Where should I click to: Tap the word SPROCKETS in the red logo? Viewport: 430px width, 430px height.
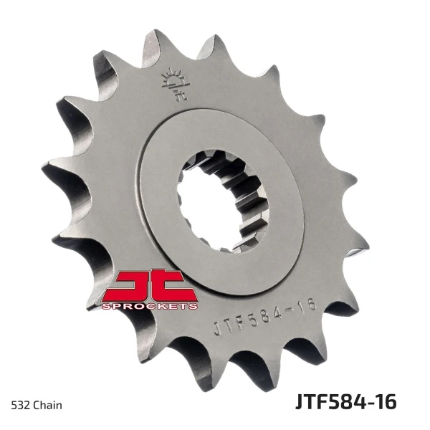(x=150, y=306)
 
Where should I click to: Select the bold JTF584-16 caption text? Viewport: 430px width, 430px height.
(x=346, y=402)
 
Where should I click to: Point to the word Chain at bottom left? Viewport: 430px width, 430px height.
(x=48, y=405)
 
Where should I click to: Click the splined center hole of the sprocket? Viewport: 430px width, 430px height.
(x=221, y=201)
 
